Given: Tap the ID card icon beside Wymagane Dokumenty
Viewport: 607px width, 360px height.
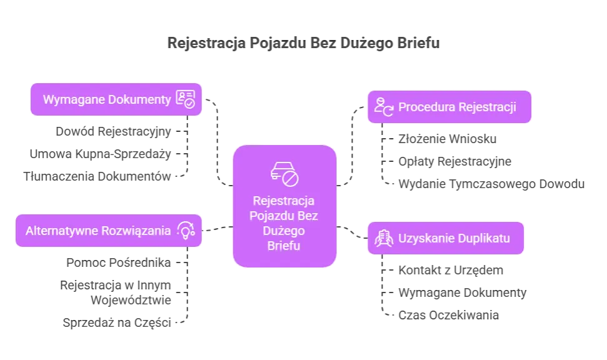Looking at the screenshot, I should [186, 99].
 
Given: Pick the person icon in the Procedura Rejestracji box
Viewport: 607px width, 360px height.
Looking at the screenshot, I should [383, 107].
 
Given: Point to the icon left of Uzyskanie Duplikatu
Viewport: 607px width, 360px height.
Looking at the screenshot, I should [383, 238].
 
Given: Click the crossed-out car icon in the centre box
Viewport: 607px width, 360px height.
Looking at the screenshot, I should [284, 174].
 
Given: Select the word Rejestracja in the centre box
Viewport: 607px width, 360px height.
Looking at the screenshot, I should [284, 202].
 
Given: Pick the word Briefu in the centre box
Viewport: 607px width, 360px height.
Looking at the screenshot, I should [284, 246].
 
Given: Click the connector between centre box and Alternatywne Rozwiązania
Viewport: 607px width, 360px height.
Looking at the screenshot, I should [218, 230].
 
